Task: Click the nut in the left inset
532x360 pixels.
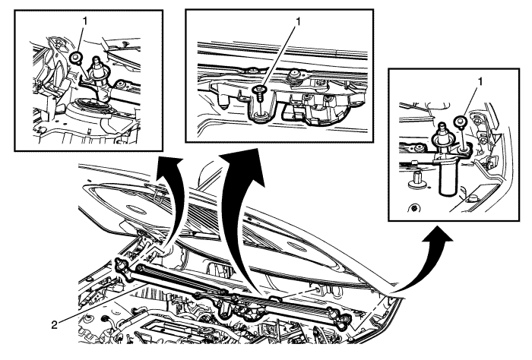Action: [77, 57]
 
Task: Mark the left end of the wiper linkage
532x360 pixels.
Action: [122, 266]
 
